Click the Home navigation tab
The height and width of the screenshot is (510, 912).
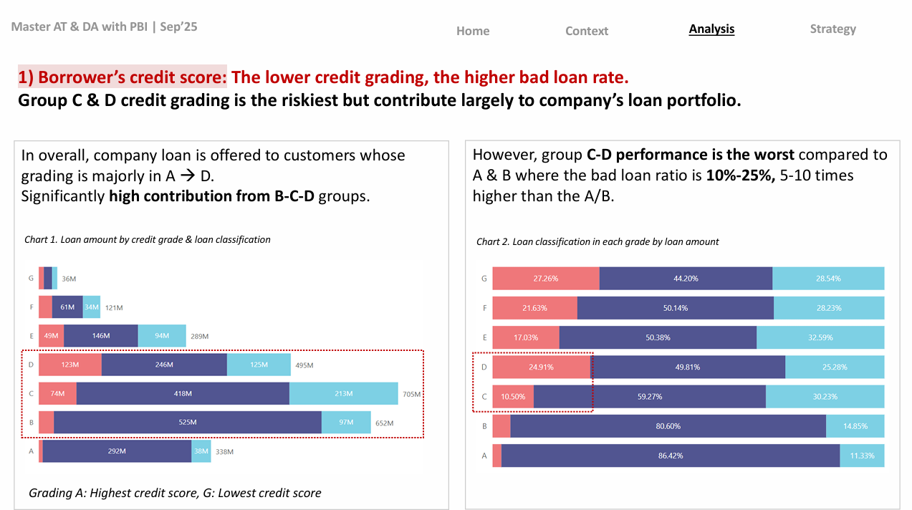(x=473, y=31)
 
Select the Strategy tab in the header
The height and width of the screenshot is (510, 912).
(x=832, y=29)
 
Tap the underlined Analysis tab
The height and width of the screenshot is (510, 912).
(x=711, y=29)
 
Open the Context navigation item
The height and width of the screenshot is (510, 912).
(x=587, y=31)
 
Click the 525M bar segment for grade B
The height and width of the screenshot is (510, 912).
(x=188, y=422)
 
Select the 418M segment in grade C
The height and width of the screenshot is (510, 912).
(x=183, y=393)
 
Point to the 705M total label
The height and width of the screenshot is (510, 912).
(x=411, y=394)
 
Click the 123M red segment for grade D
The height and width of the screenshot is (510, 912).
(x=70, y=365)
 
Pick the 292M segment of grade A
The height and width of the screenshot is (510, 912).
(x=117, y=451)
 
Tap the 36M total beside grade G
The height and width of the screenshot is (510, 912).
(x=69, y=279)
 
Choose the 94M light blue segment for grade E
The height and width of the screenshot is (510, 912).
(x=162, y=336)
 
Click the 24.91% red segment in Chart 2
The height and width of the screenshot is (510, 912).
(x=541, y=367)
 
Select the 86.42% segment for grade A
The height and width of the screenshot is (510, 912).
(x=670, y=456)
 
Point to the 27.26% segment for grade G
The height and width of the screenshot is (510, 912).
(x=546, y=279)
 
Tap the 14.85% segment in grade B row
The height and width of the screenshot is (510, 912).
(x=855, y=425)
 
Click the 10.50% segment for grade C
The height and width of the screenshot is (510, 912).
(x=513, y=396)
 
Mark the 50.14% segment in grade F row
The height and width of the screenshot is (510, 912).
(x=675, y=308)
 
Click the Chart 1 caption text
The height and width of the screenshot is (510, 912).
(x=148, y=240)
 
